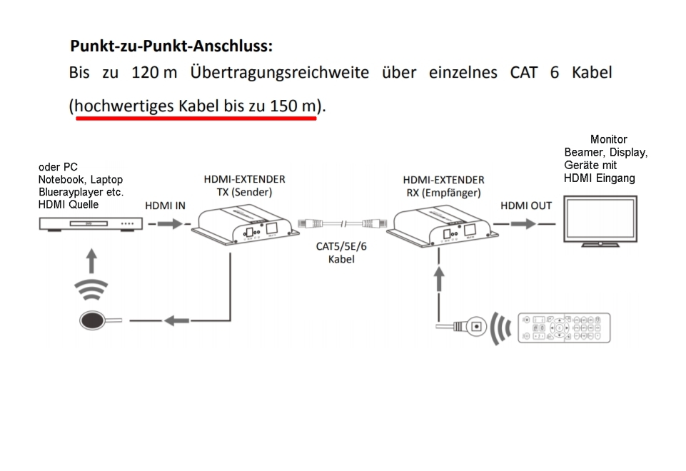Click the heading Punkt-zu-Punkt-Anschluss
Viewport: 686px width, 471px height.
point(171,47)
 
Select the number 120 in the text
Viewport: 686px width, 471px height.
point(145,73)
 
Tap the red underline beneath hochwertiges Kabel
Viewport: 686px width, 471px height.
point(196,118)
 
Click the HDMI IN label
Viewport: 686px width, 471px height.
point(165,206)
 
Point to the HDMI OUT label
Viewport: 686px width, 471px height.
point(526,206)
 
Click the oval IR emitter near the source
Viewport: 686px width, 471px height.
point(94,321)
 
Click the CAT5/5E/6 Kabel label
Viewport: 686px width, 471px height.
point(341,253)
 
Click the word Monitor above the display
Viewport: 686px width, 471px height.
point(609,140)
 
